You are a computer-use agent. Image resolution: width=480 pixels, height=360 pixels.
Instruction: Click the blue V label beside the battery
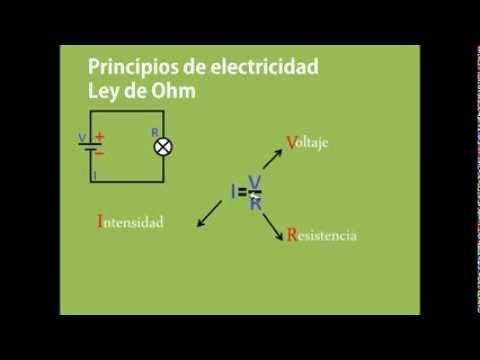pos(81,139)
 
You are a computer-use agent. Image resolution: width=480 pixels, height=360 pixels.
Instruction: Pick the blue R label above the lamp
pos(153,130)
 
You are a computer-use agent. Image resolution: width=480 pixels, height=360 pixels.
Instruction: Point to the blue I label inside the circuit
pos(93,173)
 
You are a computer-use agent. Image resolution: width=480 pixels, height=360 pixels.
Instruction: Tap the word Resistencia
pos(321,237)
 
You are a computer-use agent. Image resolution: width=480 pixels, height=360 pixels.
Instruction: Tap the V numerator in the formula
pos(255,180)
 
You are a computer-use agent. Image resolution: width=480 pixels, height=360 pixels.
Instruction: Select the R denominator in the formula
pos(256,203)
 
